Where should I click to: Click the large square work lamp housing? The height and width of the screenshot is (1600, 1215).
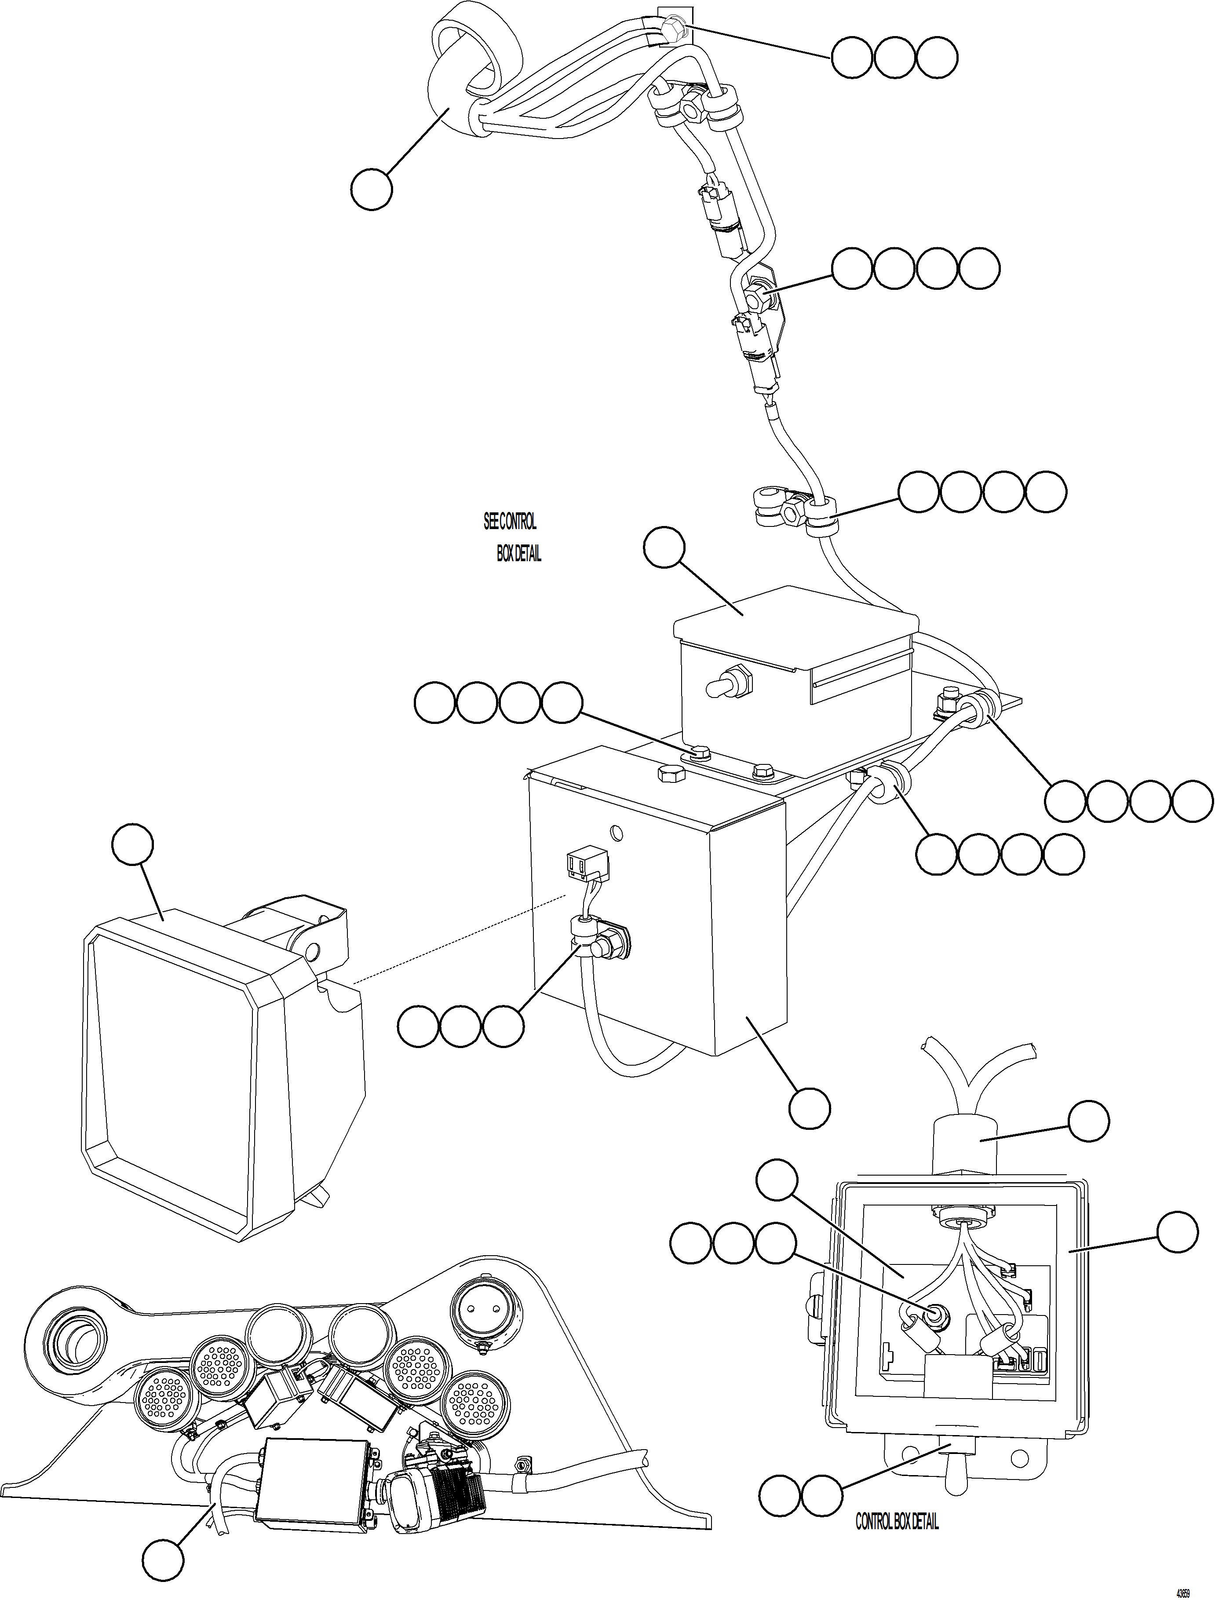(x=217, y=1049)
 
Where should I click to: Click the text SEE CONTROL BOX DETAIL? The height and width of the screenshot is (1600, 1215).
(x=512, y=537)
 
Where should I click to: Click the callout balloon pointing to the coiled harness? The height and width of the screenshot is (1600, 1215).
(x=371, y=190)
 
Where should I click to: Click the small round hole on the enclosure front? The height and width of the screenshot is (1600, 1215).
(x=616, y=833)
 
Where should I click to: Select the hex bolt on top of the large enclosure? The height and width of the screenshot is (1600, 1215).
(x=671, y=774)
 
